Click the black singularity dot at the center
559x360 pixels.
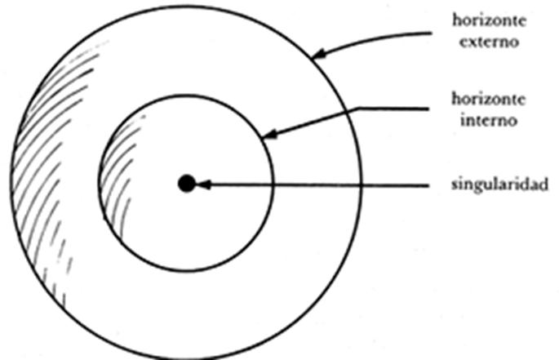(187, 184)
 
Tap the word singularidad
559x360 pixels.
(499, 184)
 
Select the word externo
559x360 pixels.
(489, 42)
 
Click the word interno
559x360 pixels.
(489, 120)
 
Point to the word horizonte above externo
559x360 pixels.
(489, 20)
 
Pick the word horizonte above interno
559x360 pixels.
(489, 99)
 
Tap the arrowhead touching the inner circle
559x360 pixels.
(269, 134)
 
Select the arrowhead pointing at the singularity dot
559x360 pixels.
(203, 184)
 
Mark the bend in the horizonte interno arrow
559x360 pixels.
(358, 108)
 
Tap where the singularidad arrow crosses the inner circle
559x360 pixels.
(273, 184)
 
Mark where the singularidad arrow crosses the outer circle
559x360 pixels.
(361, 185)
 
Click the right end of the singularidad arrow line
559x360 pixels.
(428, 185)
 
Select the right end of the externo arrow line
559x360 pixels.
(432, 33)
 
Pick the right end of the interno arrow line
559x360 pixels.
(428, 109)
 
